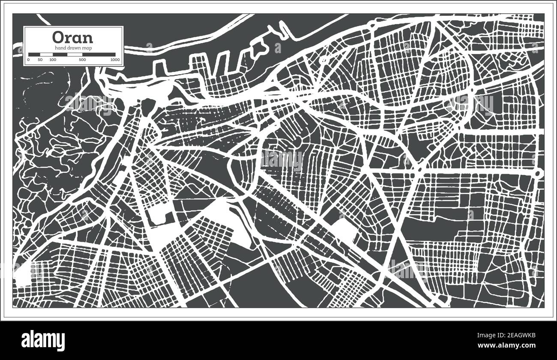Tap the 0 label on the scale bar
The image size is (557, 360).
click(28, 60)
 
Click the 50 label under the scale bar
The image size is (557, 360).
click(40, 60)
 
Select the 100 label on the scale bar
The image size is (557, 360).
click(53, 60)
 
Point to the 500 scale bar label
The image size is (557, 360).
click(82, 60)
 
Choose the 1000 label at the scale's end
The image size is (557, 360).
click(115, 60)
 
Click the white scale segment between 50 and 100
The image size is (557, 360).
click(46, 54)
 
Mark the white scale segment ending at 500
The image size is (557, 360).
click(75, 54)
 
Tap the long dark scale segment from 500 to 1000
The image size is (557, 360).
click(99, 54)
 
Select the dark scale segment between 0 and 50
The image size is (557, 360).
click(34, 54)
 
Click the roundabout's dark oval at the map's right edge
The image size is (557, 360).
click(538, 173)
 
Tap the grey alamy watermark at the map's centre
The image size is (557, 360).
click(281, 159)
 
